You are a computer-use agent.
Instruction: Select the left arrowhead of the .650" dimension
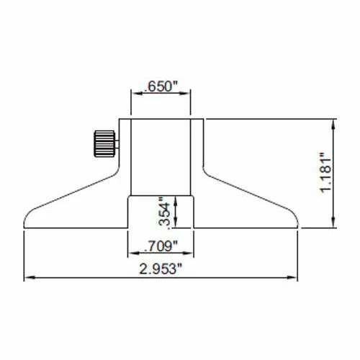coord(133,93)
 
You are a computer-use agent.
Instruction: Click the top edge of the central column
coord(161,118)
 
